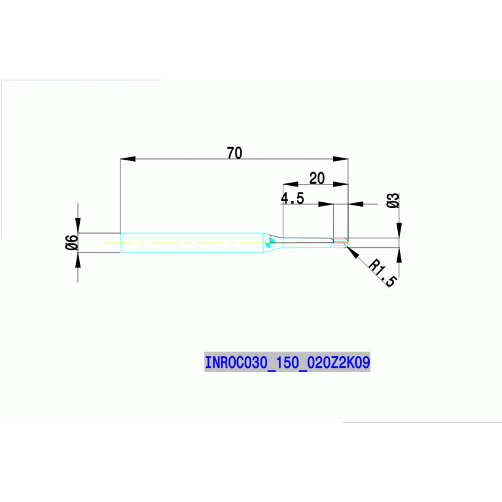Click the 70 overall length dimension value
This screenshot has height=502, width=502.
[234, 152]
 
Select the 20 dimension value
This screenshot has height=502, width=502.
[317, 178]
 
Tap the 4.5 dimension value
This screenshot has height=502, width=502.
[293, 198]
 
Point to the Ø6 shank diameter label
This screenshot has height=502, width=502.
[71, 242]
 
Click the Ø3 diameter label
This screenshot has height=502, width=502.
[393, 200]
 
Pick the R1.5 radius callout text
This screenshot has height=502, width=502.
[383, 273]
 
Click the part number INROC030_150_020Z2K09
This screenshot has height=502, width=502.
[287, 362]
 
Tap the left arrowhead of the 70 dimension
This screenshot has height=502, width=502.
[128, 159]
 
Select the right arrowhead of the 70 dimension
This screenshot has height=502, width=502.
[340, 159]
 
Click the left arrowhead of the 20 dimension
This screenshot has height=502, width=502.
[291, 184]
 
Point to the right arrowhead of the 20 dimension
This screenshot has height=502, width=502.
[340, 184]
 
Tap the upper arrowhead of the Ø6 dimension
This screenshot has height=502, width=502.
[78, 225]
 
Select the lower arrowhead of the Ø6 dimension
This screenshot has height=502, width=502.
[78, 260]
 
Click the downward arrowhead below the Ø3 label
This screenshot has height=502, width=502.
[399, 230]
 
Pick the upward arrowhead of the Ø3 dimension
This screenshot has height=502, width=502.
[399, 255]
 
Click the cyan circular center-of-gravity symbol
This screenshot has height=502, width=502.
[270, 243]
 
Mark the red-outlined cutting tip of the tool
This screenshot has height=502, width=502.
[340, 243]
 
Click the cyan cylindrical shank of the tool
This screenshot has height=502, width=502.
[192, 243]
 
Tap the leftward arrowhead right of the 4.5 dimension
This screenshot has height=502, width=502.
[355, 204]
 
